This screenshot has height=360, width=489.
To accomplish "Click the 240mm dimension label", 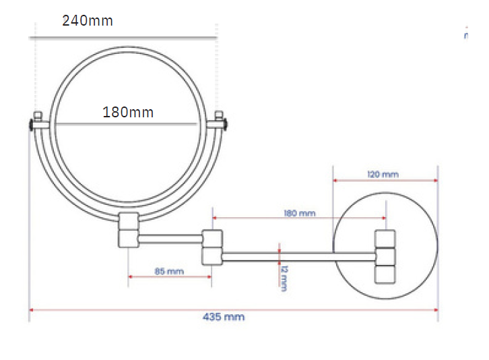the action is tap(88, 21).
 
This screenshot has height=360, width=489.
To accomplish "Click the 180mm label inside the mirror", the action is tap(128, 113).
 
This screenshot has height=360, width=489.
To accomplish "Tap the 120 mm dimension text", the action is tap(383, 174).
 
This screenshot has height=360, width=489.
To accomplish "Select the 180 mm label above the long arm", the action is tap(300, 213).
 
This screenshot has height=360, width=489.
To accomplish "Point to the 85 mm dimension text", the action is tap(169, 271).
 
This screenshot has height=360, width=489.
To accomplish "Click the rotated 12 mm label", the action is tap(284, 278).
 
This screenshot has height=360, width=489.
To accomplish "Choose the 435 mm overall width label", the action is tap(224, 317).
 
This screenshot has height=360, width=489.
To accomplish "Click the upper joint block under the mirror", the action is tap(129, 221).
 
